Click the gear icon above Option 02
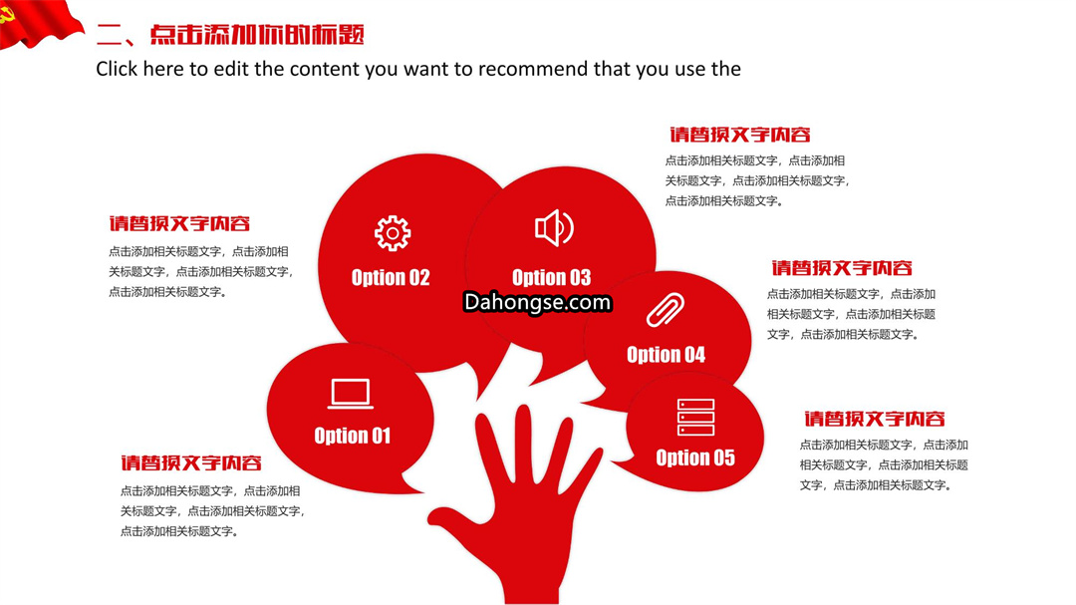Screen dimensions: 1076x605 [x=393, y=233]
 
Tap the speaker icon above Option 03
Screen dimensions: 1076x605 [x=554, y=228]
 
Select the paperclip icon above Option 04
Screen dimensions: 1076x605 [x=666, y=310]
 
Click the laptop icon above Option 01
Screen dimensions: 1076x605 [x=351, y=394]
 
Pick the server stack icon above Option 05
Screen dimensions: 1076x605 [x=695, y=417]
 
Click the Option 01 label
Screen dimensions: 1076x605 [x=352, y=436]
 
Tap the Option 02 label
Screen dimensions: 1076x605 [x=391, y=277]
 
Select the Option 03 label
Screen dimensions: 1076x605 [x=551, y=277]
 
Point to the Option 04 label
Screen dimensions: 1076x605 [x=666, y=355]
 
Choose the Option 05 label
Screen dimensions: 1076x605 [x=695, y=457]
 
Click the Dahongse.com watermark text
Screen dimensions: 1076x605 [x=537, y=302]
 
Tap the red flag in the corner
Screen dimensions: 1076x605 [x=38, y=22]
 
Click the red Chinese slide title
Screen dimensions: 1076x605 [x=230, y=34]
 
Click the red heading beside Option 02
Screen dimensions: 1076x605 [x=179, y=223]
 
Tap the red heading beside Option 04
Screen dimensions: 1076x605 [x=841, y=268]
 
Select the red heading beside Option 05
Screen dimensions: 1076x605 [x=875, y=419]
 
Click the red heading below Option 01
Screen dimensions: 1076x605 [x=190, y=462]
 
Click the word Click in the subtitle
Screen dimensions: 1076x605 [x=117, y=69]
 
